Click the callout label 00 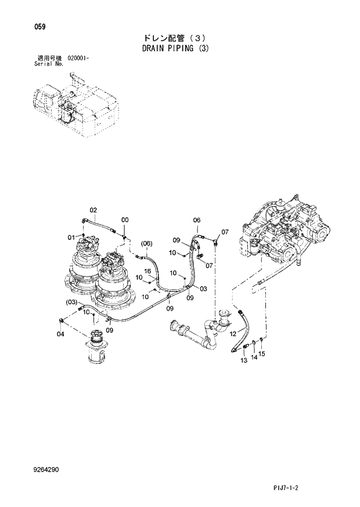click(x=124, y=220)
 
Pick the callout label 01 click(x=71, y=237)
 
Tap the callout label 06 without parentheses click(x=196, y=220)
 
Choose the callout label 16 click(x=147, y=271)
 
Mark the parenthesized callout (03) click(x=71, y=302)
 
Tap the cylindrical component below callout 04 click(x=96, y=348)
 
